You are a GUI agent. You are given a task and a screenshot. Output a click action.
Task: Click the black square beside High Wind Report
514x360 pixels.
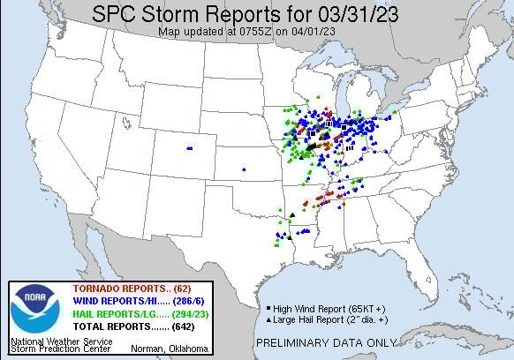[x=268, y=310]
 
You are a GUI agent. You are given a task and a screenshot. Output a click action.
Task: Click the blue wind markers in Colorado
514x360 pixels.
[x=190, y=147]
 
